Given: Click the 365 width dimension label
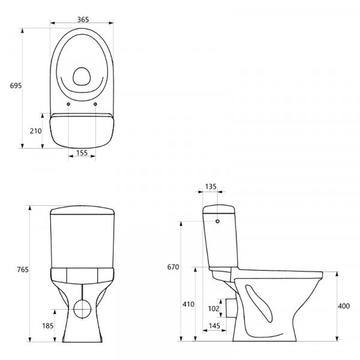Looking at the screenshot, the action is click(x=83, y=20).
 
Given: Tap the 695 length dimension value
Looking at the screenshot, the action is click(x=16, y=86).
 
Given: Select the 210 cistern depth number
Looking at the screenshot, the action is click(x=36, y=131).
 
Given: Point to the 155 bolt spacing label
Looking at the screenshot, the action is click(x=82, y=152).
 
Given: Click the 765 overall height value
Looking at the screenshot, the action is click(x=23, y=269).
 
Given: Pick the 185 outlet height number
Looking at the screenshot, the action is click(x=48, y=326).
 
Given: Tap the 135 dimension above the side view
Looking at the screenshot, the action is click(x=211, y=187).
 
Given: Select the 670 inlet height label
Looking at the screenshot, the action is click(x=173, y=267).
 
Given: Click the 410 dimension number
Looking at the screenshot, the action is click(x=188, y=304).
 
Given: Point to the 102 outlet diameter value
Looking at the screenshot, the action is click(x=214, y=308).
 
